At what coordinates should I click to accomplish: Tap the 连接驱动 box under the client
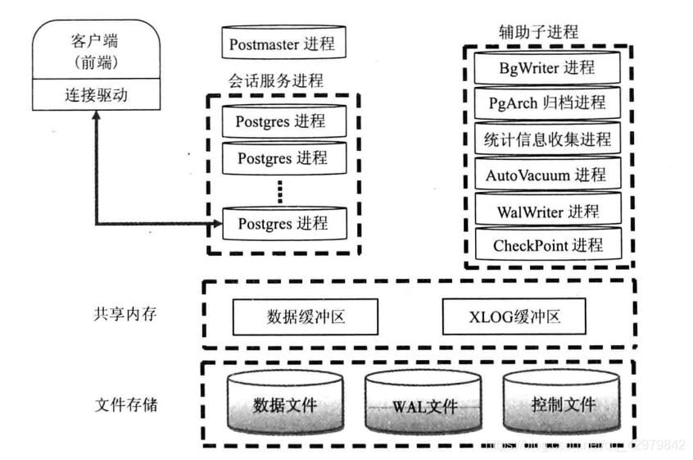(x=96, y=96)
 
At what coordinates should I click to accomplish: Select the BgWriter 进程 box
(x=546, y=66)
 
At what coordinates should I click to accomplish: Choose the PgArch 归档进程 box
(x=546, y=102)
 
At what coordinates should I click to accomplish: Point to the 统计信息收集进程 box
(x=546, y=139)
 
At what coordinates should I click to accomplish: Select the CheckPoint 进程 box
(x=546, y=245)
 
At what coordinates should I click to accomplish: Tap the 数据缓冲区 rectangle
(x=306, y=316)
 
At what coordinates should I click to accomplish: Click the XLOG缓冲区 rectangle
(x=514, y=316)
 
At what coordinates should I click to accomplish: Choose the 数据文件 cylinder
(x=284, y=405)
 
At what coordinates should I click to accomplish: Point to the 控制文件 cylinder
(x=560, y=405)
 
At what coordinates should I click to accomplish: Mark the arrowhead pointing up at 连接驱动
(x=96, y=117)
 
